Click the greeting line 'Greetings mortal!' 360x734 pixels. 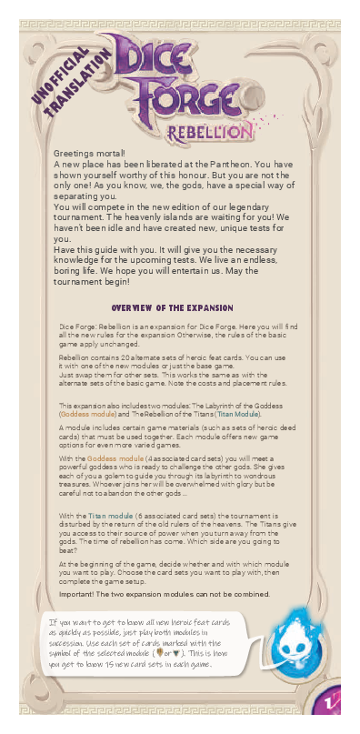coord(89,154)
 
